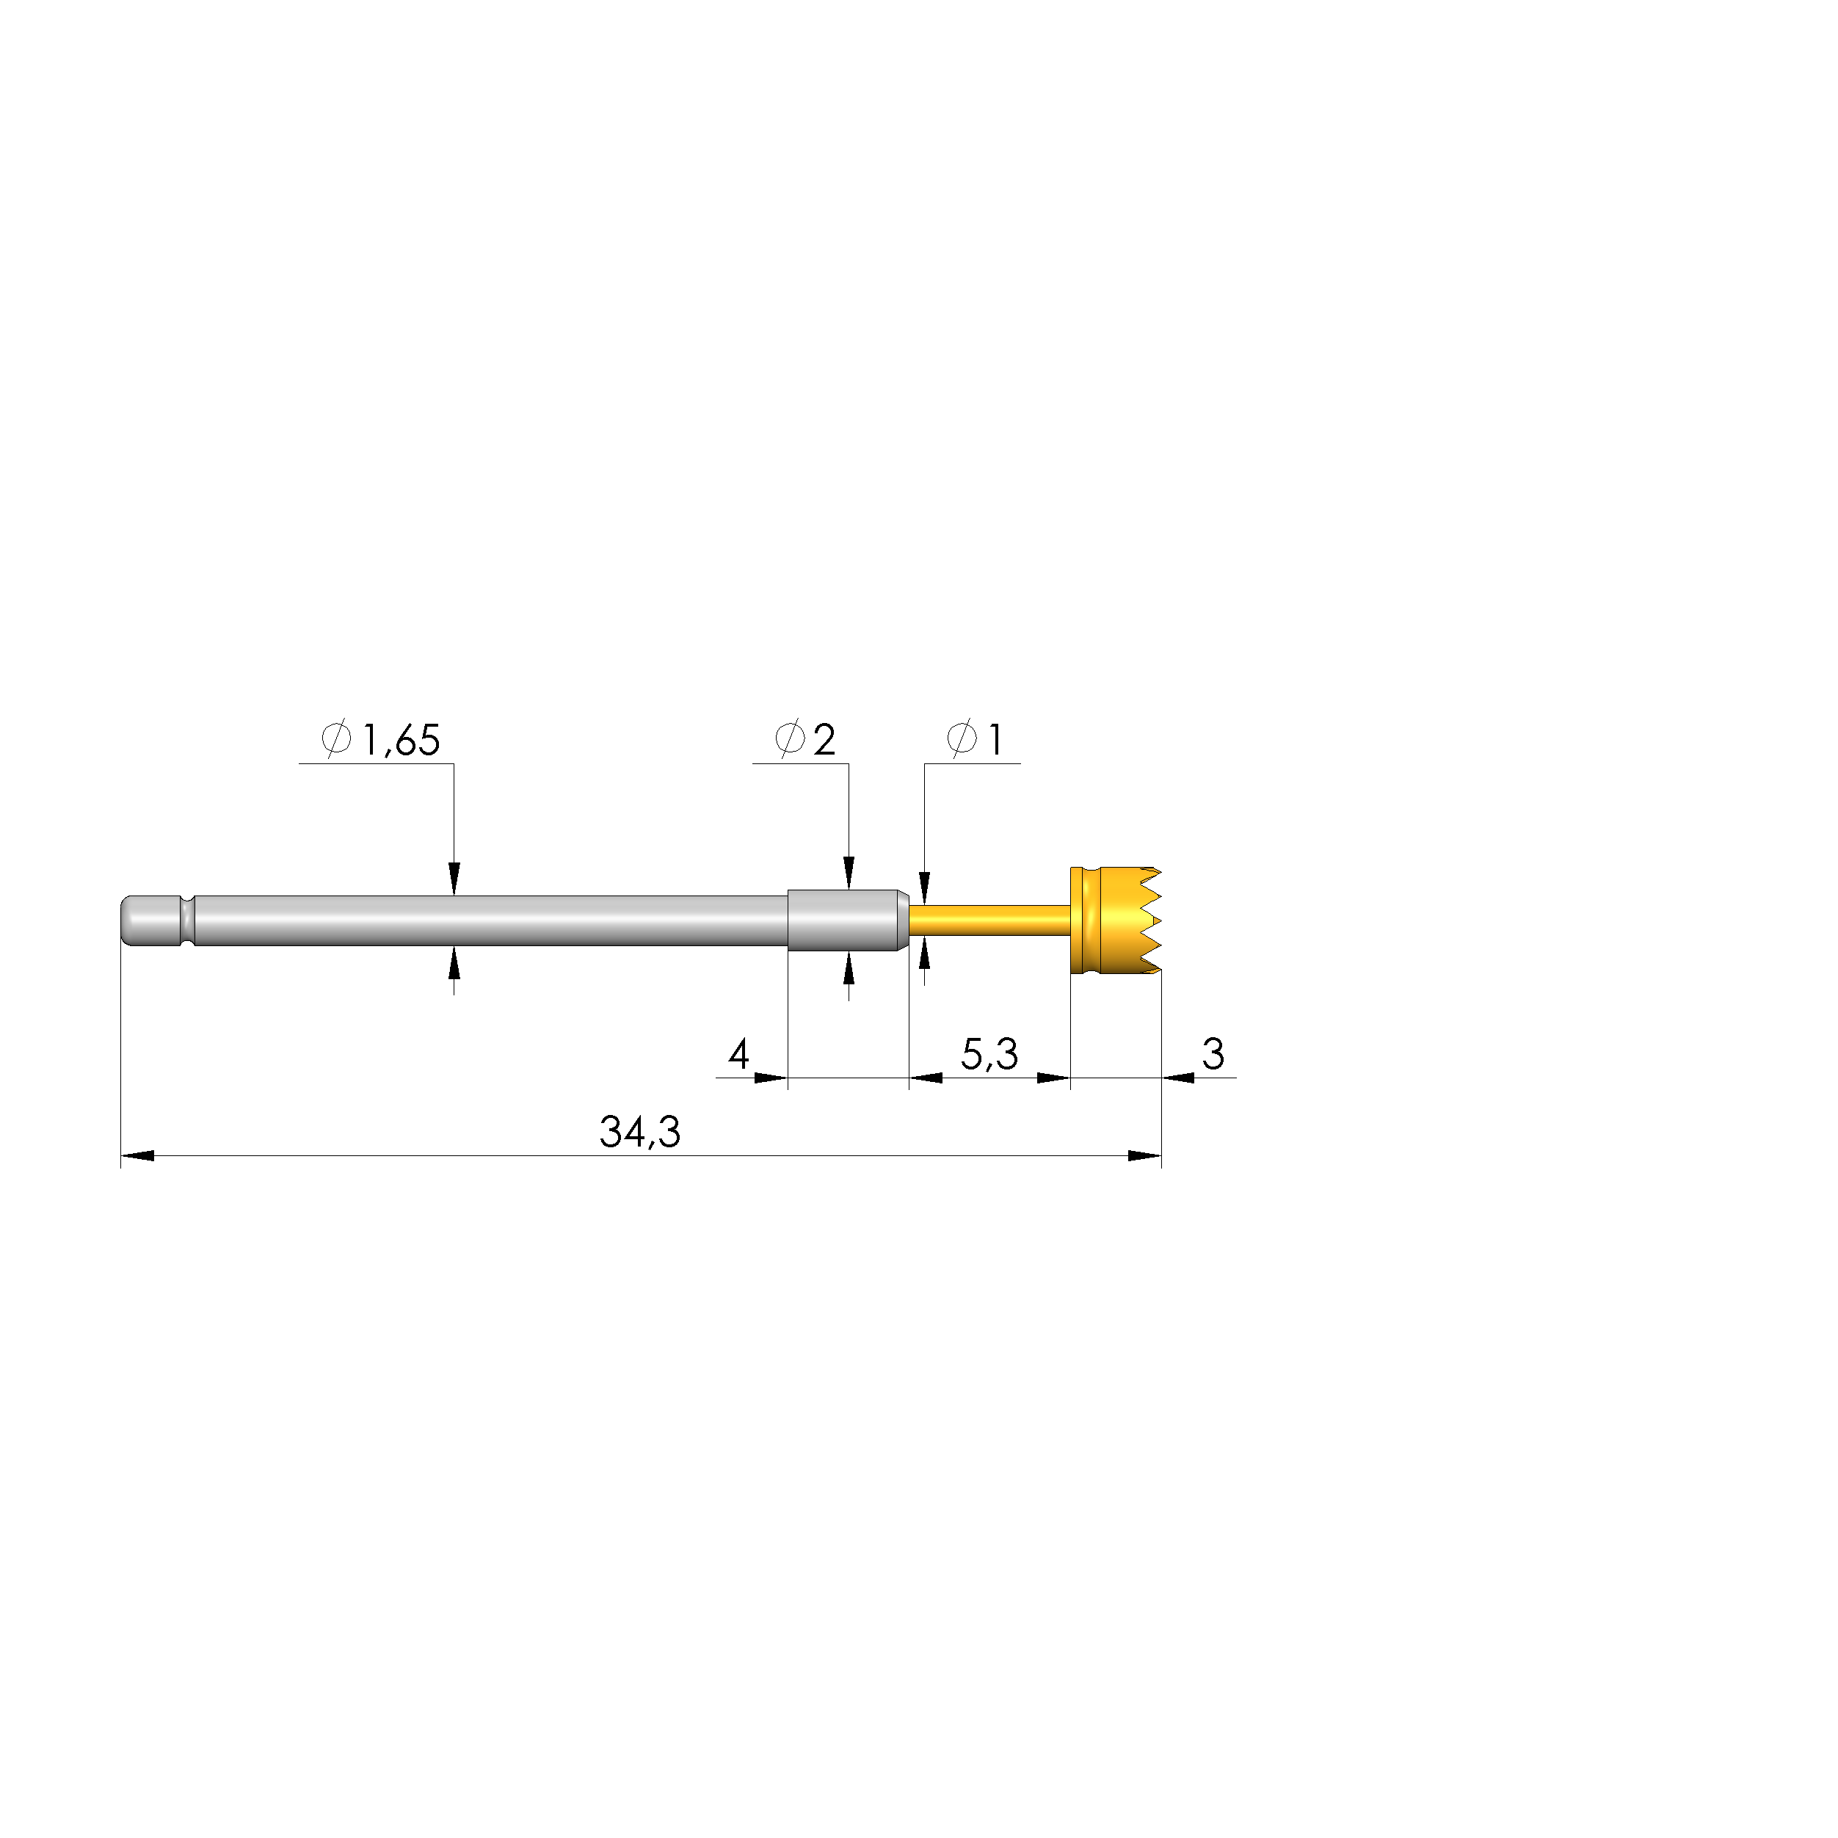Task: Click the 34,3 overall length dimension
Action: [x=640, y=1132]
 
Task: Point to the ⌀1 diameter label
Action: [x=975, y=739]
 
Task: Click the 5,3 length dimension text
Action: [x=989, y=1054]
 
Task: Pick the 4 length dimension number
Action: [x=739, y=1053]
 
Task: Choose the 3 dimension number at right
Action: [x=1213, y=1053]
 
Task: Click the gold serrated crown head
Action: [x=1115, y=920]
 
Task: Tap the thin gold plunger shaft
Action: [x=989, y=920]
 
